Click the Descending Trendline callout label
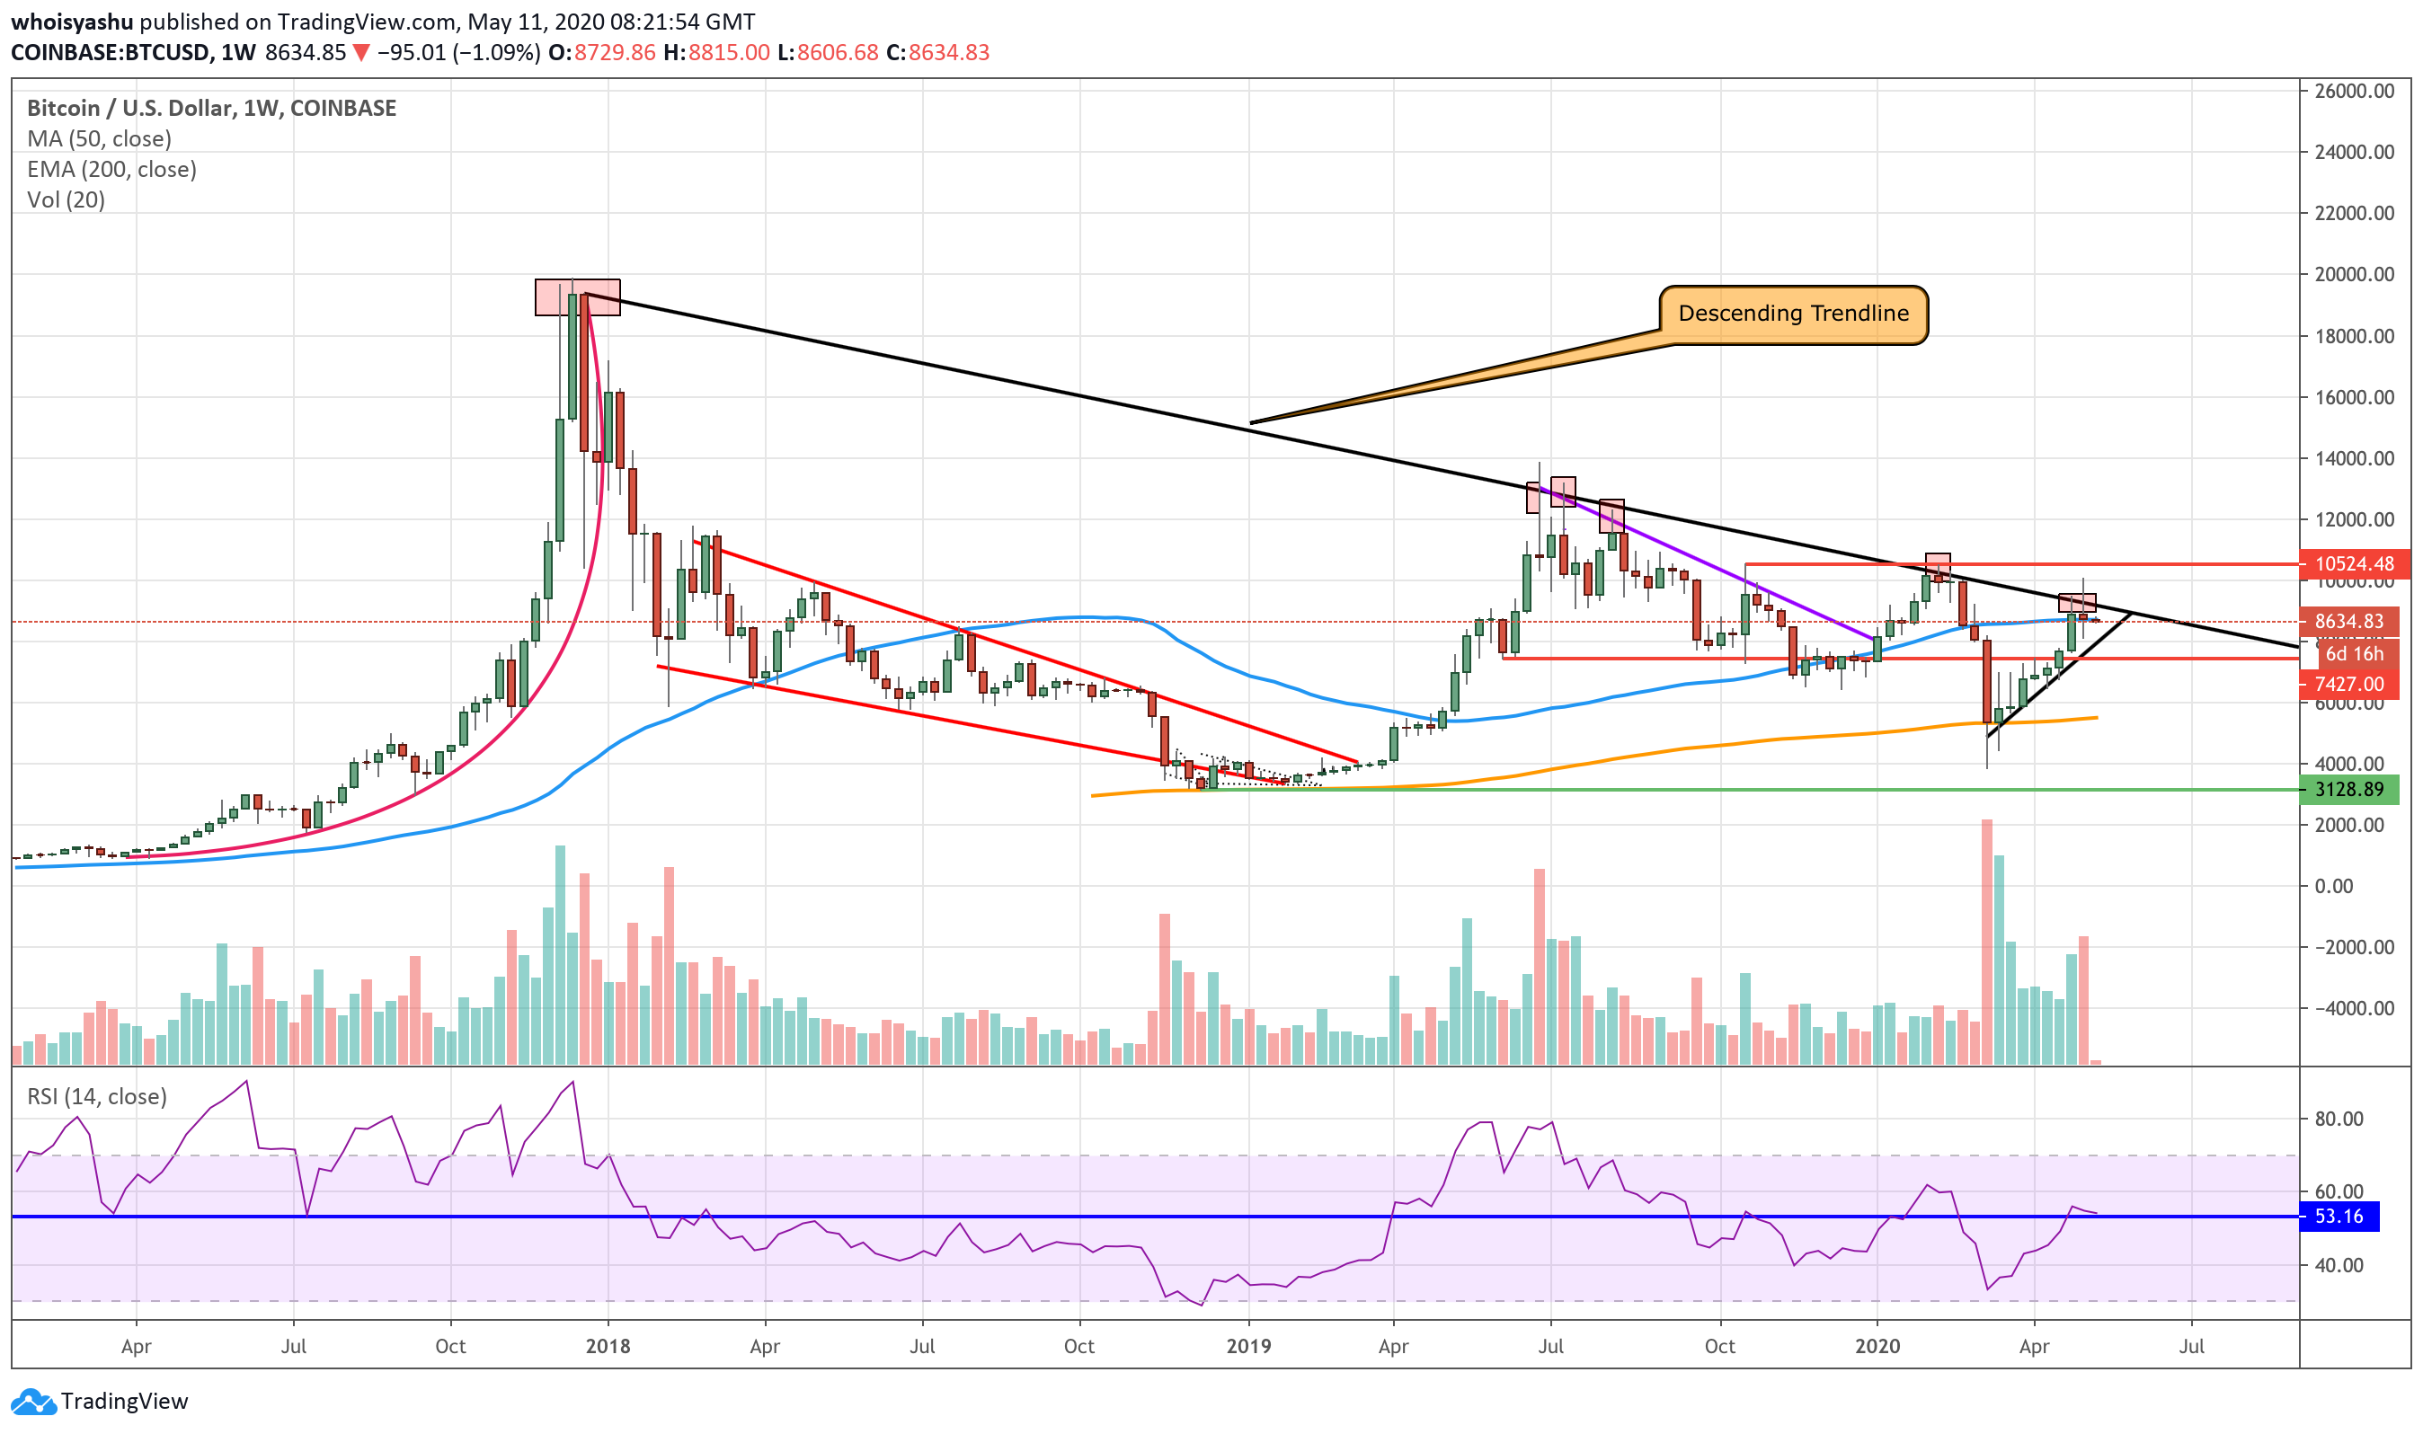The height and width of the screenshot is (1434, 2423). pos(1793,314)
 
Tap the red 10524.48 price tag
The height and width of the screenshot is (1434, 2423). pos(2354,563)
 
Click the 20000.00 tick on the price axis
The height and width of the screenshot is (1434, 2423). pos(2354,274)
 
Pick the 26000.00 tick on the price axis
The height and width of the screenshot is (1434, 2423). pos(2354,91)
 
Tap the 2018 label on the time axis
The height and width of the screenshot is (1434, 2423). pos(608,1346)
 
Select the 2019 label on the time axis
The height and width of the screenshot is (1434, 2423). pos(1247,1346)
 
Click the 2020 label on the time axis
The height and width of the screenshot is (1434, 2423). pos(1877,1346)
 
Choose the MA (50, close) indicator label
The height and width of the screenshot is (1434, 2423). pos(100,139)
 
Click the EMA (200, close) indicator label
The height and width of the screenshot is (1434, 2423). pos(112,170)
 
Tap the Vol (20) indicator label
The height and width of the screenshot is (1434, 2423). pos(66,200)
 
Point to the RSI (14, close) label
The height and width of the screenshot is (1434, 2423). pos(97,1097)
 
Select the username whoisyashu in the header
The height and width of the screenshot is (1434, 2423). pos(72,22)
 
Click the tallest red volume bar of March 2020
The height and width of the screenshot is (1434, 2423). pos(1986,943)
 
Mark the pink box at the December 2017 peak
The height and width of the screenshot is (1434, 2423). pos(577,297)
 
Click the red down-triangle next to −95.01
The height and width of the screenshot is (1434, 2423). pos(360,53)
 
